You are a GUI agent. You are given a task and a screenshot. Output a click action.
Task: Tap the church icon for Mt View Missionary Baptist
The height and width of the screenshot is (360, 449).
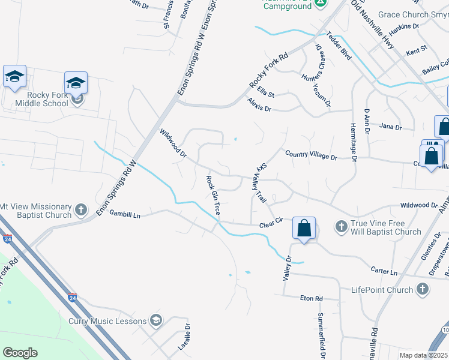click(82, 211)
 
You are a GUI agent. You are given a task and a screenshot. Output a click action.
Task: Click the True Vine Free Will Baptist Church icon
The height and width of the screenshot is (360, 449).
click(341, 227)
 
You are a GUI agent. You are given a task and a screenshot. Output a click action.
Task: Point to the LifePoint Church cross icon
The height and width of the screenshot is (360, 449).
click(422, 290)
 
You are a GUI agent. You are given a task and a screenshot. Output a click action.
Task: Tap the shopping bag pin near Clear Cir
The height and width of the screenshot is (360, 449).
click(304, 229)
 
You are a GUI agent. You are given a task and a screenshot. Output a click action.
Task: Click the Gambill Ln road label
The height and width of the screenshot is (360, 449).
click(124, 215)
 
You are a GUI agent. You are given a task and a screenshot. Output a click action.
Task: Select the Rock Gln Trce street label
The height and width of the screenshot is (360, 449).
click(213, 196)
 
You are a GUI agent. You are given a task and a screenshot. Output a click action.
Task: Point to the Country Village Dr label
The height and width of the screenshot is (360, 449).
click(311, 155)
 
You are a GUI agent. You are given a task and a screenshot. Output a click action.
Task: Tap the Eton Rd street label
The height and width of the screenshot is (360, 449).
click(312, 298)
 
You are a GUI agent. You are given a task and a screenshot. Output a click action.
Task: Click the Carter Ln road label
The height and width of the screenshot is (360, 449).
click(384, 272)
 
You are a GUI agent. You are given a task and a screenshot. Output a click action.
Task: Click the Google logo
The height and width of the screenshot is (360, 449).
click(20, 353)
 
